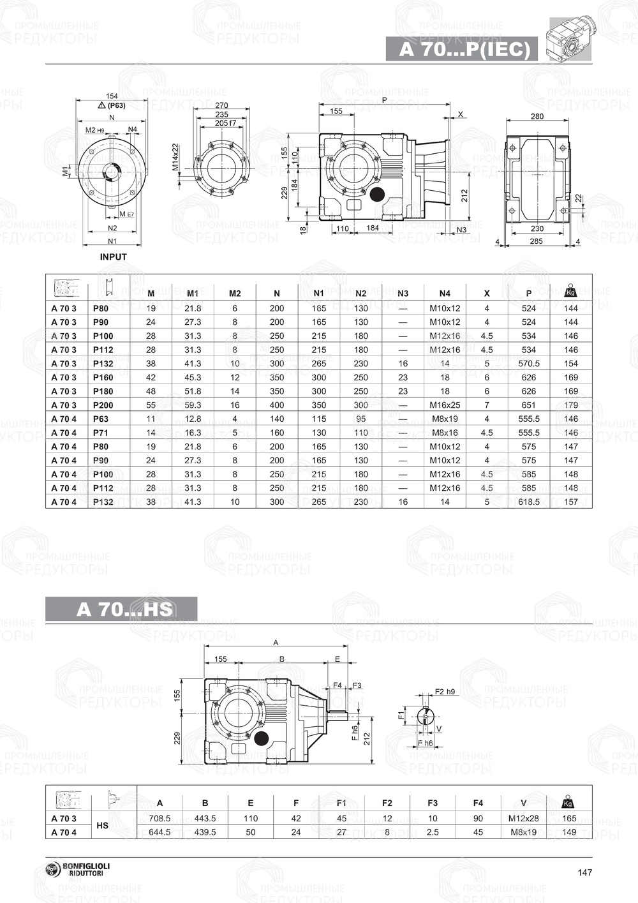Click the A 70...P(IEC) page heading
[x=464, y=50]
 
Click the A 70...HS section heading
[x=124, y=609]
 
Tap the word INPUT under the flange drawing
[x=114, y=257]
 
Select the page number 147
[x=585, y=873]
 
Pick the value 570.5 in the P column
[x=529, y=364]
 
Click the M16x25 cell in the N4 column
[x=445, y=405]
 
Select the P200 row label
[x=103, y=405]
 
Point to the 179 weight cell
[x=571, y=405]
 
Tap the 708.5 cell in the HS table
[x=159, y=819]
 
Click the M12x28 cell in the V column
[x=524, y=819]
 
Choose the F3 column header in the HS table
[x=433, y=803]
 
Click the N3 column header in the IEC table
[x=403, y=294]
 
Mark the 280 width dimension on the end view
[x=537, y=117]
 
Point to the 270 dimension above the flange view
[x=221, y=105]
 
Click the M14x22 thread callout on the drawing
[x=175, y=157]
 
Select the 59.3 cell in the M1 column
[x=193, y=405]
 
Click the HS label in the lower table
[x=102, y=826]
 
